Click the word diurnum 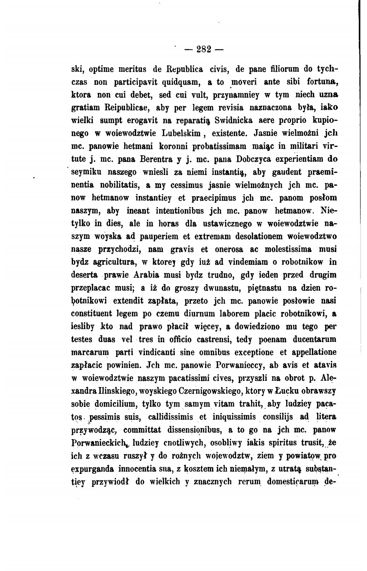(x=201, y=314)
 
